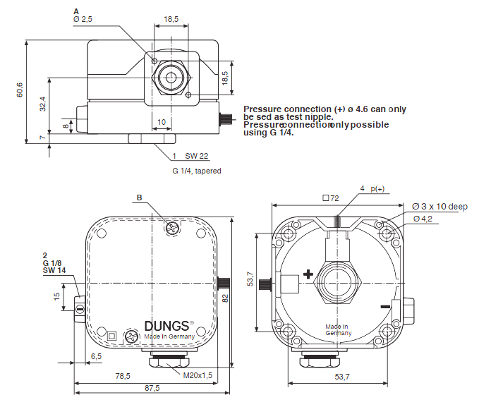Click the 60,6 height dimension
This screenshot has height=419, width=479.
pos(20,90)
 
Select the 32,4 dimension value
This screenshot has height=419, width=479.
pos(43,105)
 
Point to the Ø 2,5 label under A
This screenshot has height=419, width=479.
pos(83,19)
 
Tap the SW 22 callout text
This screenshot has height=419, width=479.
pos(197,156)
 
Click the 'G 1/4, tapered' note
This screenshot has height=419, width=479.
pos(197,171)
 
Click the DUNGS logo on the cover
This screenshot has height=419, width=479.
pos(167,326)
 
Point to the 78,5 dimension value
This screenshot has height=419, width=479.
pos(123,376)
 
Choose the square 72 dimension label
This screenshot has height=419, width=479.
pos(331,198)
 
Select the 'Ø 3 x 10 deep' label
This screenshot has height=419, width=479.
pos(439,207)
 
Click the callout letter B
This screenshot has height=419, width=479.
pos(140,198)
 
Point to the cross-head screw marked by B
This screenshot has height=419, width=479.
pos(171,227)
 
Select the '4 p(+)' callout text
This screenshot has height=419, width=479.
pos(372,189)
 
